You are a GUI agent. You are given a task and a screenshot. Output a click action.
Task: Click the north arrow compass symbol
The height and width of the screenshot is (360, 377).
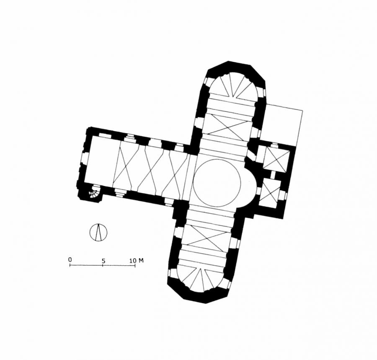pos(98,232)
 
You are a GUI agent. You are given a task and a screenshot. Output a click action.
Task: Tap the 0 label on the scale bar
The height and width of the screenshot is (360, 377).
pos(70,260)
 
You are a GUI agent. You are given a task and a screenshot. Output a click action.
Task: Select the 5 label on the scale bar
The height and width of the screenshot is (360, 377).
pos(103,261)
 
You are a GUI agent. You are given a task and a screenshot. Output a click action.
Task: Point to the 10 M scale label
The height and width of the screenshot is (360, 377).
pos(137,260)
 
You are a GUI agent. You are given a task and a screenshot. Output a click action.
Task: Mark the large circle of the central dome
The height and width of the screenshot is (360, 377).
pos(217,183)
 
